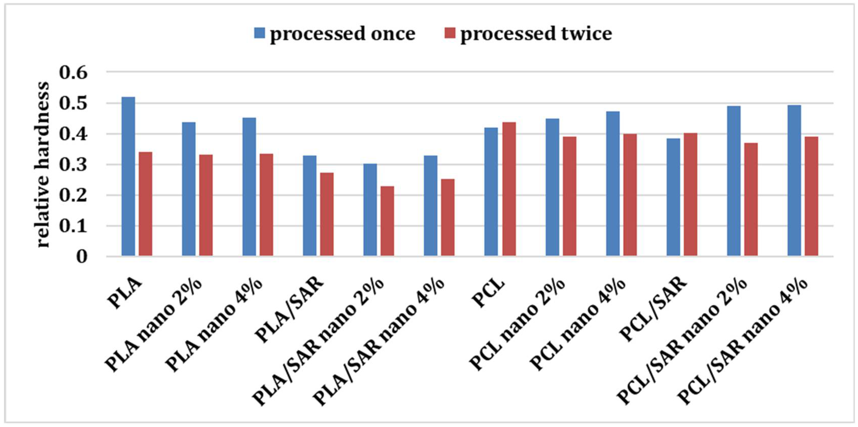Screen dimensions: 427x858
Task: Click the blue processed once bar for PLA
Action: [x=128, y=177]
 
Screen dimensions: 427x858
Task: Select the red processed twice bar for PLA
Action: [x=146, y=204]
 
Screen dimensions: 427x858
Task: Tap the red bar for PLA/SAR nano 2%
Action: [x=387, y=221]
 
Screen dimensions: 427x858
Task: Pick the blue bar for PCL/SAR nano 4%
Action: [x=794, y=181]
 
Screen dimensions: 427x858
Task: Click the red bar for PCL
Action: [x=509, y=189]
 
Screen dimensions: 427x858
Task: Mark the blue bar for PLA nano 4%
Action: [x=249, y=187]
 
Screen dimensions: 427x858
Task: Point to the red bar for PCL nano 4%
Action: [x=630, y=195]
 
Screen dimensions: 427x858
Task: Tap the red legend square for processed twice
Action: [x=450, y=33]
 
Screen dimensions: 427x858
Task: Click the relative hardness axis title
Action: [x=42, y=165]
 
